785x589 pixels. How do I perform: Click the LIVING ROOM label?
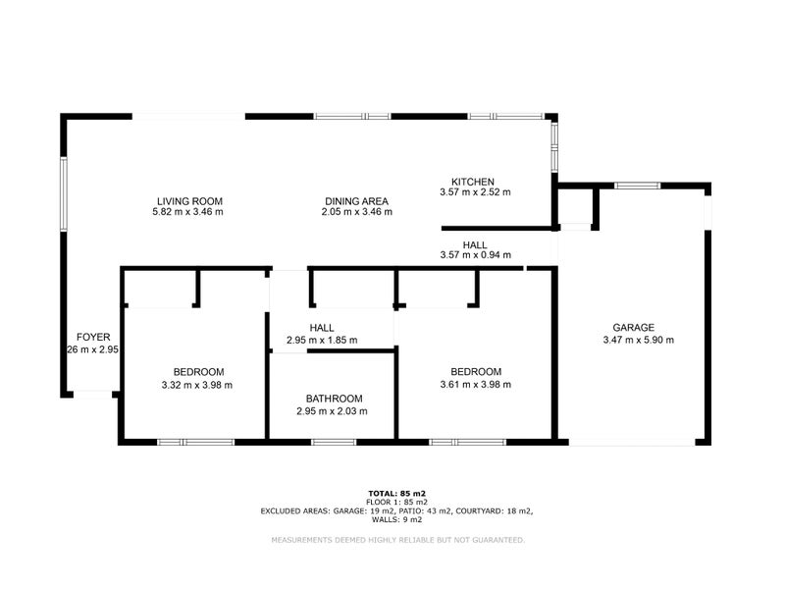[187, 200]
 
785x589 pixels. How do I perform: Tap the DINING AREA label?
[357, 200]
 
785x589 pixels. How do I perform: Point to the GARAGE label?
[633, 328]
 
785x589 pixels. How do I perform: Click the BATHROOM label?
[334, 399]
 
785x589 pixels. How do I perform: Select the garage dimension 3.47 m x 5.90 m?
[638, 341]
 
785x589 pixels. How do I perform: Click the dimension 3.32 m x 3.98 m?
[198, 385]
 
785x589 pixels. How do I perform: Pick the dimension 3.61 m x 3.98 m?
[475, 385]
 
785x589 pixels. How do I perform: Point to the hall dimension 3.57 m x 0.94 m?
[475, 256]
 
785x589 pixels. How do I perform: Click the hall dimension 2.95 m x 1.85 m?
[321, 341]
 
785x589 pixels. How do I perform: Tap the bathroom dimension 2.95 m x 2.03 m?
[332, 411]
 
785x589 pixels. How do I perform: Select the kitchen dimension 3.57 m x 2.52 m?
[475, 193]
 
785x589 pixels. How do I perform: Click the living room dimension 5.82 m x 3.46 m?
[187, 212]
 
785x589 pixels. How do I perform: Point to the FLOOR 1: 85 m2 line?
[396, 502]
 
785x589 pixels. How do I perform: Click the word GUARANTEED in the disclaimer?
[494, 540]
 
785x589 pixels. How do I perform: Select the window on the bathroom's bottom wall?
[333, 443]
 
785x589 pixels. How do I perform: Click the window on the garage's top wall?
[638, 185]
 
